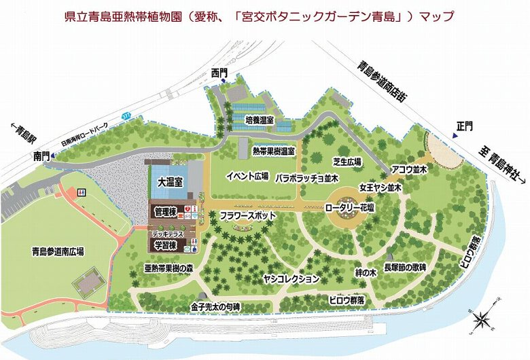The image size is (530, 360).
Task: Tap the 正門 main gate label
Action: point(465,126)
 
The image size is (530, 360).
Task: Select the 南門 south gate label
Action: point(41,156)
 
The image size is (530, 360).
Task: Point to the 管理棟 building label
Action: point(165,212)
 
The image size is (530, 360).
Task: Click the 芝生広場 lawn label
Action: point(347,162)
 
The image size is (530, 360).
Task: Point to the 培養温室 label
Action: point(259,120)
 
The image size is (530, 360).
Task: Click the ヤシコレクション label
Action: point(291,278)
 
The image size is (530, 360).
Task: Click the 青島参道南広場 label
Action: point(58,251)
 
